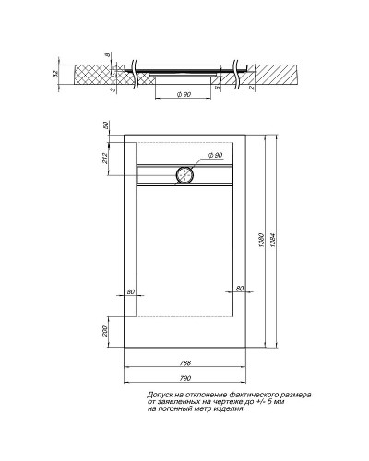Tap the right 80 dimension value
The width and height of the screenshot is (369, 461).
pos(239,290)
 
